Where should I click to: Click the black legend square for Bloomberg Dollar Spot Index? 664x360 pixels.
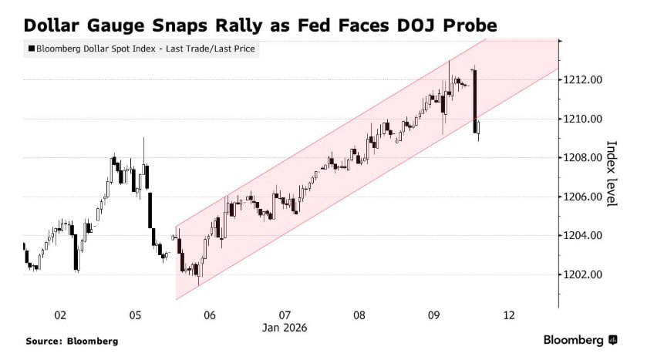coord(31,49)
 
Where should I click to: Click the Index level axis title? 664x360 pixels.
coord(612,173)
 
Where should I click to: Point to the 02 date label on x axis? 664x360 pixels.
coord(60,315)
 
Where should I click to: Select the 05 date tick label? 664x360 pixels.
coord(135,315)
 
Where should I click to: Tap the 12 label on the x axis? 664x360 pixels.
coord(508,315)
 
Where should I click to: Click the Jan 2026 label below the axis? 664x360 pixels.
coord(285,327)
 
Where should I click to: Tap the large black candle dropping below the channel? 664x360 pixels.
coord(475,100)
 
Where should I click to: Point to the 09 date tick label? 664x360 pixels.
coord(434,315)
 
